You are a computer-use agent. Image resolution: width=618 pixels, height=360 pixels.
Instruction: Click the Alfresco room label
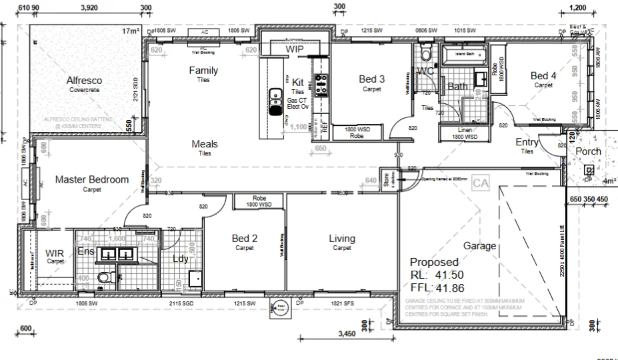tap(84, 81)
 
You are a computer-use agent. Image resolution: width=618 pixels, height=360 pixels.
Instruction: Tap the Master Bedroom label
tap(91, 179)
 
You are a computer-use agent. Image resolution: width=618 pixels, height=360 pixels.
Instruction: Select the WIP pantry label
tap(295, 49)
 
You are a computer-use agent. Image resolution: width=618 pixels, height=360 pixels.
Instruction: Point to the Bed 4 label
tap(543, 76)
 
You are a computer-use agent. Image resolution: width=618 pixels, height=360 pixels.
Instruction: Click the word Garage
tap(480, 246)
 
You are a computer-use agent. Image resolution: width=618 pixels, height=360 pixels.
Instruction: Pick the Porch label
tap(588, 151)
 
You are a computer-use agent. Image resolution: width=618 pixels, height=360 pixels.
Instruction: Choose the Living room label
tap(341, 239)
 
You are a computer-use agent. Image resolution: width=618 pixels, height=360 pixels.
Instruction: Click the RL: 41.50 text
tap(436, 275)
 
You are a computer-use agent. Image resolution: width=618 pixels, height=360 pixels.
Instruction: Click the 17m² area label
tap(131, 31)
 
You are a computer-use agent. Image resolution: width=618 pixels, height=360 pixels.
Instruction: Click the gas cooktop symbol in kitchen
tap(321, 83)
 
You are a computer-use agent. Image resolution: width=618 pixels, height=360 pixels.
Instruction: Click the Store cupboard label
tap(385, 180)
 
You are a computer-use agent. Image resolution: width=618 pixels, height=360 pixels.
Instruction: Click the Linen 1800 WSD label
tap(464, 133)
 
